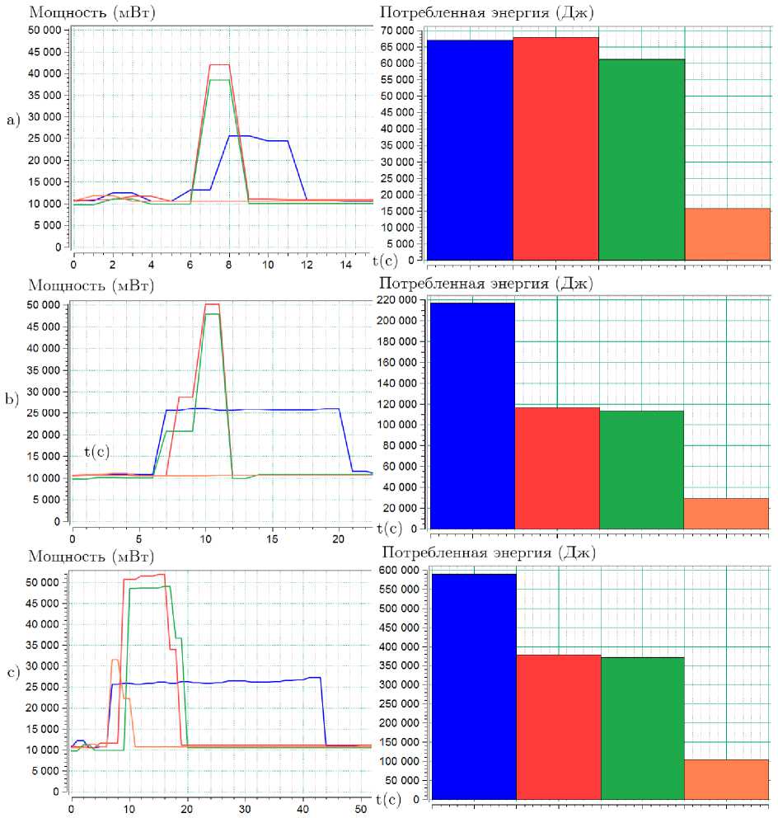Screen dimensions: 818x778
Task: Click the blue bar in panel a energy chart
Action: (x=469, y=149)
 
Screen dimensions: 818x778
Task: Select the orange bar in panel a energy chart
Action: (x=728, y=234)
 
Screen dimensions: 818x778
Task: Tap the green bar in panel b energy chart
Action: (x=641, y=469)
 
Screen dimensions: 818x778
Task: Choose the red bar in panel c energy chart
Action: (x=558, y=726)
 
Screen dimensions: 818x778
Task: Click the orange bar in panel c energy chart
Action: (x=726, y=779)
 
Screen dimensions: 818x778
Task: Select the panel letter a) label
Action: (x=12, y=120)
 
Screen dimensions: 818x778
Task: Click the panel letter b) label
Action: (x=12, y=400)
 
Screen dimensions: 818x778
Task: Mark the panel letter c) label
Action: (x=12, y=672)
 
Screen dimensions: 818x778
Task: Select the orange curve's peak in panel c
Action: (x=115, y=660)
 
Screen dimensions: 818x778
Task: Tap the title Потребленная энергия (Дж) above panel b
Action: (x=485, y=284)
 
